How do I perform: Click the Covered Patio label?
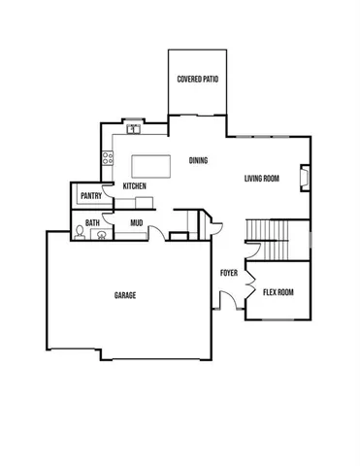click(x=196, y=79)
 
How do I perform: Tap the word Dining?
click(x=197, y=161)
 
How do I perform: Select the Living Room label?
click(x=262, y=178)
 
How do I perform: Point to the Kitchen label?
click(x=134, y=185)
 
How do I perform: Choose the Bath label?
click(x=92, y=223)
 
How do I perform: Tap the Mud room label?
click(x=137, y=223)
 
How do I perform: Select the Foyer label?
click(x=229, y=273)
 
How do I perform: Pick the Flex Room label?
click(x=278, y=292)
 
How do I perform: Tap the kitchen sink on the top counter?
click(x=136, y=128)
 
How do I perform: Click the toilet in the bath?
click(x=79, y=233)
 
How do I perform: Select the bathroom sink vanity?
click(x=97, y=234)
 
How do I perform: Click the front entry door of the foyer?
click(x=223, y=304)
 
